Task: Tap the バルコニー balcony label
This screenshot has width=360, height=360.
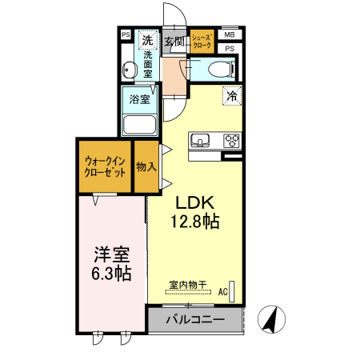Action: point(194,320)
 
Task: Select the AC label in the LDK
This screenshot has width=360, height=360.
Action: point(223,292)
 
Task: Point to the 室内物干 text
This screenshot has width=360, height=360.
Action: point(188,284)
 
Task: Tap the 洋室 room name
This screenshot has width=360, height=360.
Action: point(110,254)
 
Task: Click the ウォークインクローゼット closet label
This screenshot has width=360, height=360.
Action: point(105,166)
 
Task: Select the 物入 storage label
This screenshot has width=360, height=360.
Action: point(146,166)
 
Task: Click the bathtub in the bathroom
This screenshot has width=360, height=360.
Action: point(140,125)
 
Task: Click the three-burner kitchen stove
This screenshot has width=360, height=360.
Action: point(232,141)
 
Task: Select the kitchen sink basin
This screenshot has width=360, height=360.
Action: point(198,141)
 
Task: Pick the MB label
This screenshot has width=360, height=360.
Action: point(230,35)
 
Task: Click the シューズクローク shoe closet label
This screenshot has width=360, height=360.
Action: point(201,41)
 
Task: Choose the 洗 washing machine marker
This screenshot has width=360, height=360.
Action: point(147,39)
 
